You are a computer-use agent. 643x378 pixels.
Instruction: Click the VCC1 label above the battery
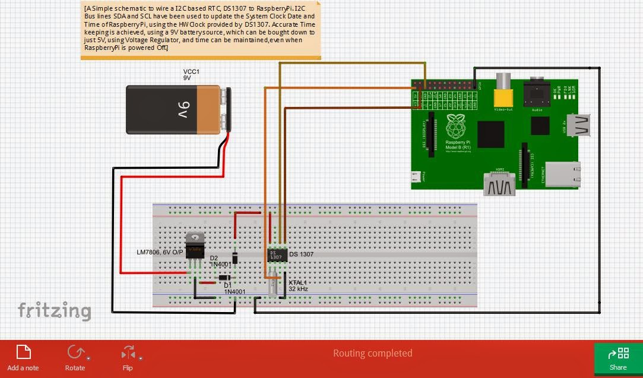click(191, 74)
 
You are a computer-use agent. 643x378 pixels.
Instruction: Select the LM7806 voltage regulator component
click(195, 246)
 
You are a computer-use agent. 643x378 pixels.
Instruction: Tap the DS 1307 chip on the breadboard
click(277, 255)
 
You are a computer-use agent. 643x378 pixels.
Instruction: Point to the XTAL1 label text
click(297, 282)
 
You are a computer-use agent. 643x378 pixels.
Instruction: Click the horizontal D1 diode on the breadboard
click(224, 278)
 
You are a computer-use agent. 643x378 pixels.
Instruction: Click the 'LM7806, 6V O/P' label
click(160, 252)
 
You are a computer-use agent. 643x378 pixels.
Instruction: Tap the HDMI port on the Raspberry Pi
click(499, 184)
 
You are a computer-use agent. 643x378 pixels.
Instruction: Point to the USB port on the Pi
click(579, 125)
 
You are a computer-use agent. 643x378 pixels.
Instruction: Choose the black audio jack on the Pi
click(536, 94)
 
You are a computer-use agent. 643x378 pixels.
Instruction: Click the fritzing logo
click(54, 311)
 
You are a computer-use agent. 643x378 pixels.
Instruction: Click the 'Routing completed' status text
click(372, 353)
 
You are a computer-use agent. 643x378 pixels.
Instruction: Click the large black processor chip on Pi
click(490, 134)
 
